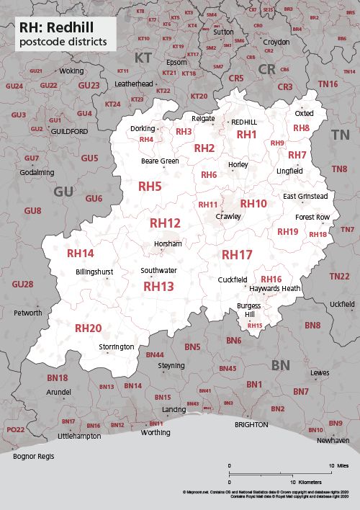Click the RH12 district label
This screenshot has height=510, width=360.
click(x=165, y=223)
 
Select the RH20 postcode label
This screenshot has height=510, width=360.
click(x=89, y=328)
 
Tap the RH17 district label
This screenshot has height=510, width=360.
click(x=237, y=255)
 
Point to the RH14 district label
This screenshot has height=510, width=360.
click(x=80, y=254)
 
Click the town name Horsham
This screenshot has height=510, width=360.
click(x=168, y=244)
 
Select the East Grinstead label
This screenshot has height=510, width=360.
click(x=305, y=196)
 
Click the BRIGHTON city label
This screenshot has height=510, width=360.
click(x=251, y=425)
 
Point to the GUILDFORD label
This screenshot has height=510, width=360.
click(x=69, y=133)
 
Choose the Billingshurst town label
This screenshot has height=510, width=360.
click(x=94, y=272)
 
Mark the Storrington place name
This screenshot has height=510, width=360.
click(x=117, y=347)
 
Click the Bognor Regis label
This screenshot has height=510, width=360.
click(x=34, y=456)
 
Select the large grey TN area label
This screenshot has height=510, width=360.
click(x=340, y=135)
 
